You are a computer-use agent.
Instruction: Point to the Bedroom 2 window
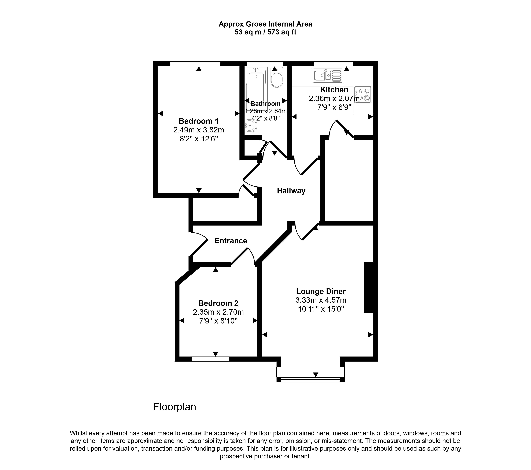pos(210,359)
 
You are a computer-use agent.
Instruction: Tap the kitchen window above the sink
pos(333,64)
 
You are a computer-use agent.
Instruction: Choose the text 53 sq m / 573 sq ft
pos(265,32)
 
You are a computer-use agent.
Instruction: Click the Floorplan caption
pos(175,407)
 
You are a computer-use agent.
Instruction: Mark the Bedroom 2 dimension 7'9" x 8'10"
pos(218,321)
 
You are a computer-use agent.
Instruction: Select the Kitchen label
pos(334,89)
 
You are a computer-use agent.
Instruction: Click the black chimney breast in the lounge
pos(369,288)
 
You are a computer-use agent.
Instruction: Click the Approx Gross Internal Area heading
pos(265,24)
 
